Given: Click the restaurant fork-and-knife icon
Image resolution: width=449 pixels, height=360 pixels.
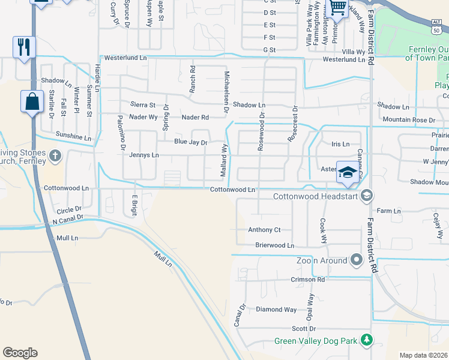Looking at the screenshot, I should (24, 47).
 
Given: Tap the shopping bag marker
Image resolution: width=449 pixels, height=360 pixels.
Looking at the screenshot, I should (32, 101).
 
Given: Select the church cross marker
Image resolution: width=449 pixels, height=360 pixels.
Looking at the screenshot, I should (55, 157).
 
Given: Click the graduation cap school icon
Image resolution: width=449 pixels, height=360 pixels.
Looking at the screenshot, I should (346, 172).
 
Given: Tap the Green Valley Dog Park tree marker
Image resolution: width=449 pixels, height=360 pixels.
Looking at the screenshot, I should (366, 341).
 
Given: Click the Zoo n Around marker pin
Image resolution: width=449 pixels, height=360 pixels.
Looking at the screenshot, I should (357, 260).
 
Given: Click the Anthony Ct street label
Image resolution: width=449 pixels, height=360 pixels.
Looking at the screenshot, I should (264, 230).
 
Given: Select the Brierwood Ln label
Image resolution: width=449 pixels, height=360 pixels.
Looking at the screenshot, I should (274, 245).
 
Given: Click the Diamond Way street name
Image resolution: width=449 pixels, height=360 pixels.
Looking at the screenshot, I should (276, 310).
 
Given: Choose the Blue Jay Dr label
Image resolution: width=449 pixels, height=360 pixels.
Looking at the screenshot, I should (190, 143).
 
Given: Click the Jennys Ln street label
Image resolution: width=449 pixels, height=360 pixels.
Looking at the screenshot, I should (144, 155).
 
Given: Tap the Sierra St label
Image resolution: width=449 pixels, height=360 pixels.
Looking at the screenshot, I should (143, 105).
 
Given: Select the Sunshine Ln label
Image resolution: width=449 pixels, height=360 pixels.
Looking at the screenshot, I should (73, 136).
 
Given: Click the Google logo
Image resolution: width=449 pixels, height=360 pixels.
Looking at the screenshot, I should (20, 353).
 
